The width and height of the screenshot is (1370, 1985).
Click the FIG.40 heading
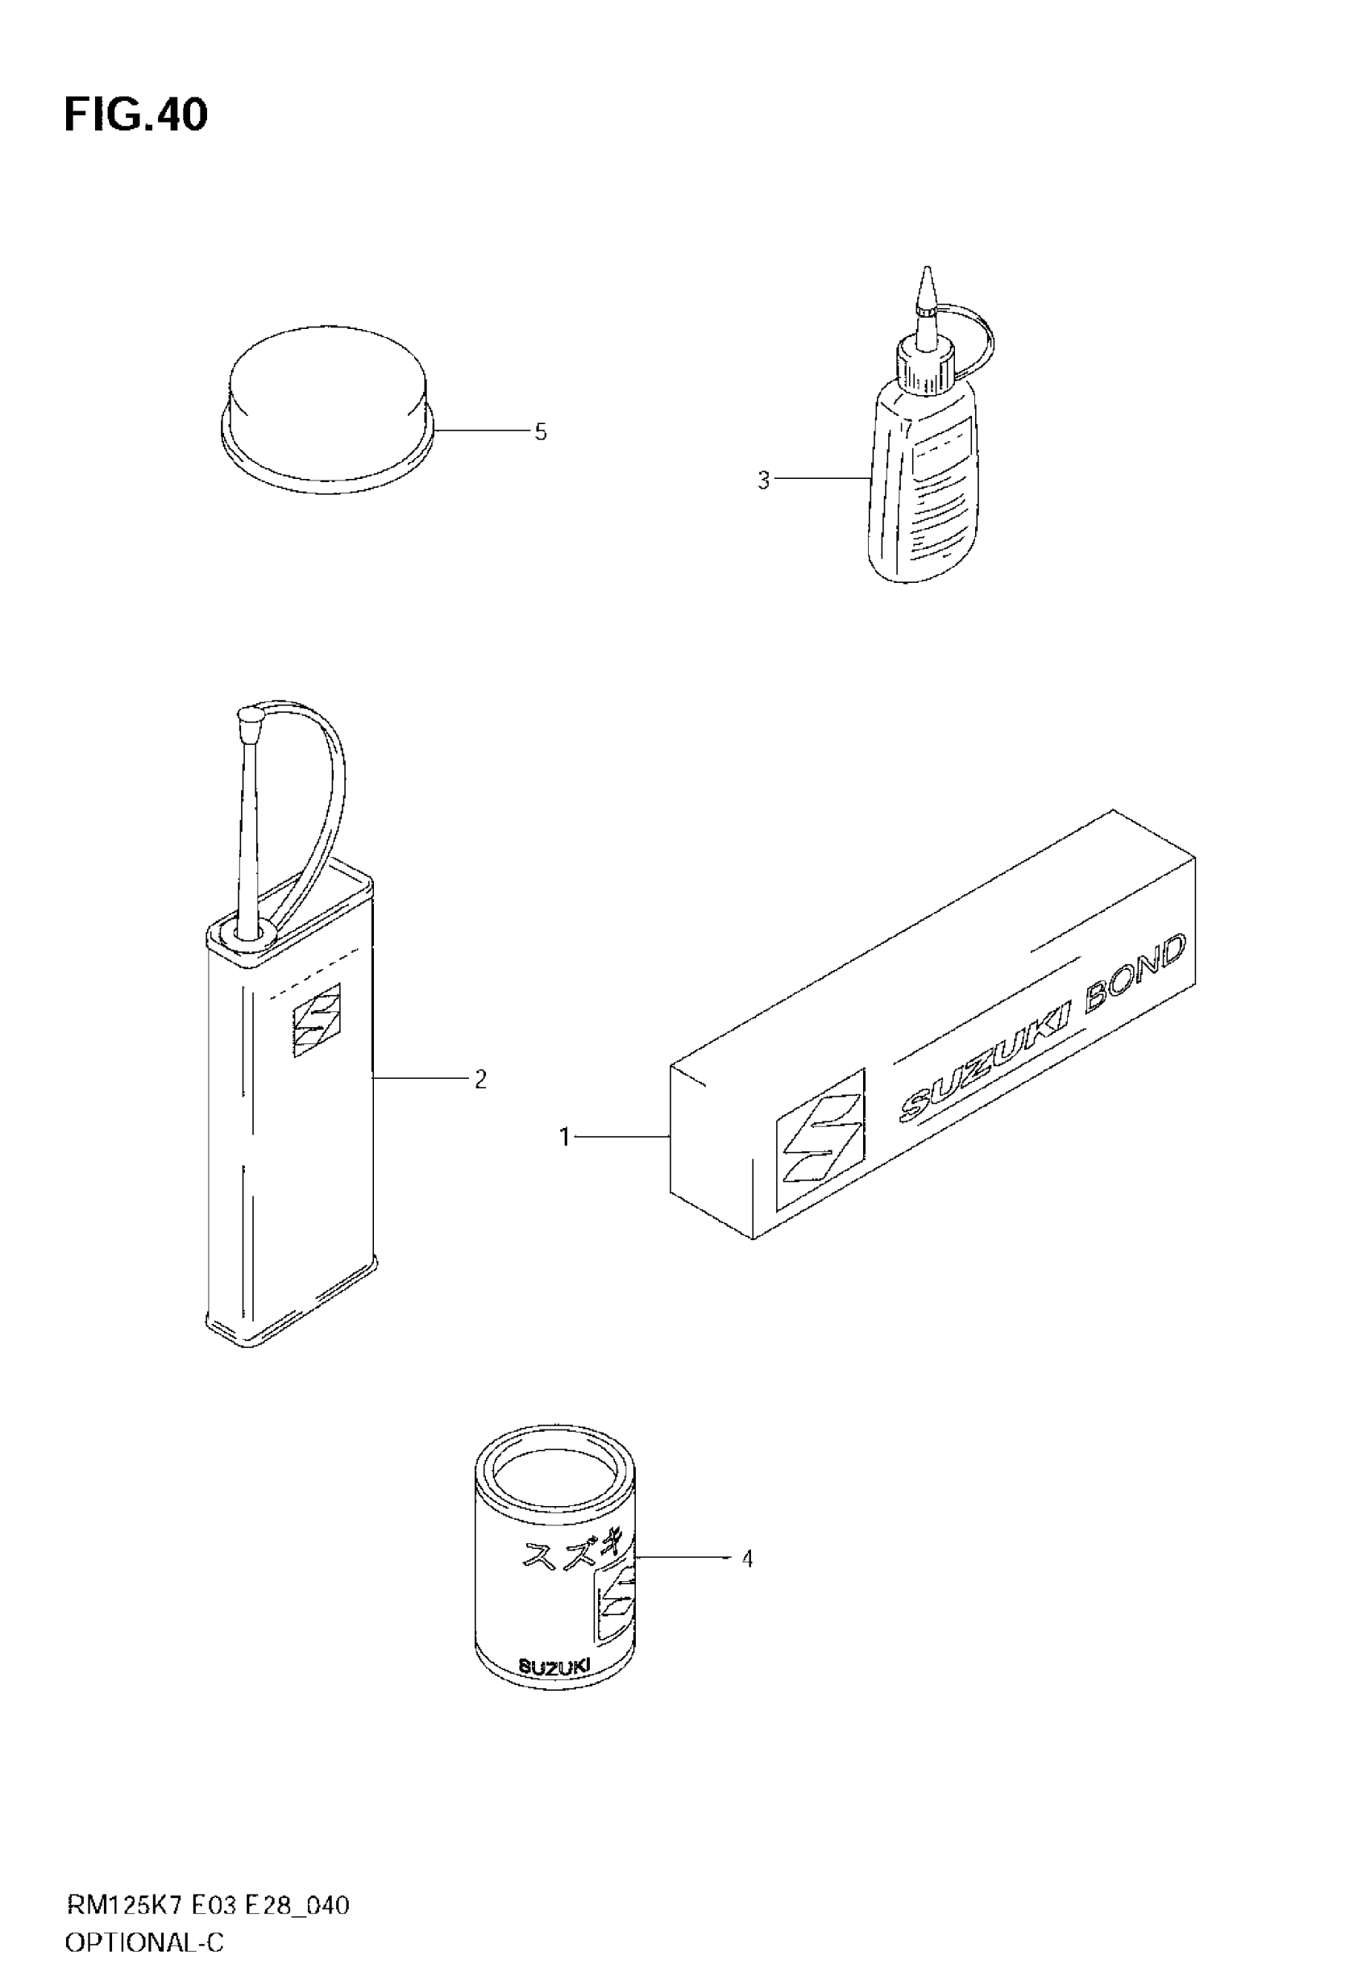click(135, 115)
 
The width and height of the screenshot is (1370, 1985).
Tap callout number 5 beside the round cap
click(540, 432)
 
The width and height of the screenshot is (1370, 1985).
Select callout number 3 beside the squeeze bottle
click(763, 481)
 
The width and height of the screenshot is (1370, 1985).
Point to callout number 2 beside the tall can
click(480, 1080)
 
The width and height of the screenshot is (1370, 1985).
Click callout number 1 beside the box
click(564, 1137)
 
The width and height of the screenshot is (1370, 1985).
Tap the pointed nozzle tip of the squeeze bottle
click(925, 289)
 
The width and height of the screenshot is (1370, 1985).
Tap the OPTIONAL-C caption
click(144, 1943)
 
